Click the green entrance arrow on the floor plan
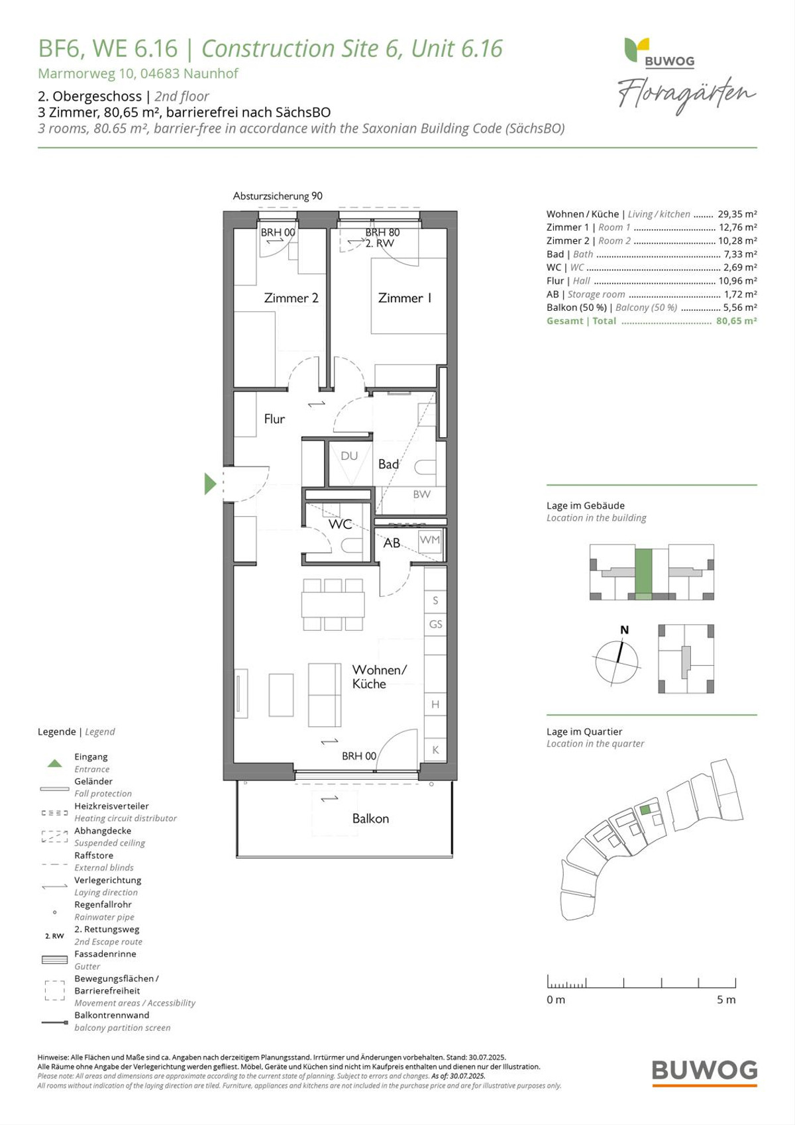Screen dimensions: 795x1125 210,484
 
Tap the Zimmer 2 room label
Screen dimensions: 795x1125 291,298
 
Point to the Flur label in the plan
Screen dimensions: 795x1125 274,418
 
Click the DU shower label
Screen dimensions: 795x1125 349,456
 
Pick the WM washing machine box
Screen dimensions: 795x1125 430,540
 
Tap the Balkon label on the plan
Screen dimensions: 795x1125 370,818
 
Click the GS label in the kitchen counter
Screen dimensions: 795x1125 435,623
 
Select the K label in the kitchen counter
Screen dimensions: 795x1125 435,750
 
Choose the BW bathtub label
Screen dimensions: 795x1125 422,494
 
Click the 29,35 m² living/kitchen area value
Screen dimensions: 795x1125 737,214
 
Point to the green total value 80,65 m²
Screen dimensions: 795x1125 736,321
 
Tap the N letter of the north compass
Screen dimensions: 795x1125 624,630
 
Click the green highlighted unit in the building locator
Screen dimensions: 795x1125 643,574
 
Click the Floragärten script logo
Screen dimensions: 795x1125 686,95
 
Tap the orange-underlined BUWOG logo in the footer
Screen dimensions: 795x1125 705,1071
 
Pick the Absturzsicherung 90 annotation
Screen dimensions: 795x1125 278,196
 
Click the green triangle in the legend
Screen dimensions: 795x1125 55,763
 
